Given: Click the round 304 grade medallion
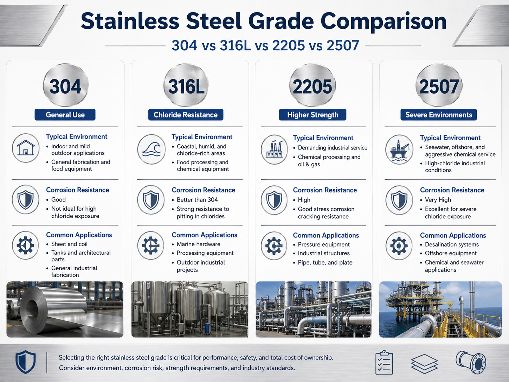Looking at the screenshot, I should (x=65, y=85).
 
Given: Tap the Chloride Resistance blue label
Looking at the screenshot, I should (x=186, y=115).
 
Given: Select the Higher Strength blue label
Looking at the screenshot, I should (x=313, y=115).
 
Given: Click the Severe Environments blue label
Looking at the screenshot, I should (x=438, y=115).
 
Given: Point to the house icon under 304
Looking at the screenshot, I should (x=26, y=148).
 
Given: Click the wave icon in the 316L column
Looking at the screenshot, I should (x=151, y=149).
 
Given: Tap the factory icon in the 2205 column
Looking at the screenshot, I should (x=274, y=149).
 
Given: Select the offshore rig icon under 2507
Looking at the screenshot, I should (x=399, y=149).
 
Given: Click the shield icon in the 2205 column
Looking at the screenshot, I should (x=274, y=200).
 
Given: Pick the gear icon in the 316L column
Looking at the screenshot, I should (x=151, y=245).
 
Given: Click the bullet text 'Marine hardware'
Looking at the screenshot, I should (x=198, y=244).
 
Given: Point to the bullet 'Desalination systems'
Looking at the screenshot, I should (x=452, y=244).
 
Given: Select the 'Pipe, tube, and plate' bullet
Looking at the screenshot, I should (x=325, y=262).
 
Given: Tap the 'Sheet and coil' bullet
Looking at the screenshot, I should (x=69, y=244).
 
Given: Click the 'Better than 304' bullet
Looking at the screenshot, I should (x=197, y=200).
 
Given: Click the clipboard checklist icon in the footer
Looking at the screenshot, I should (x=384, y=362).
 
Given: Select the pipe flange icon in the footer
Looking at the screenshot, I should (x=471, y=362).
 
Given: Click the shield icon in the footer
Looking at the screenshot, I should (x=26, y=362).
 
